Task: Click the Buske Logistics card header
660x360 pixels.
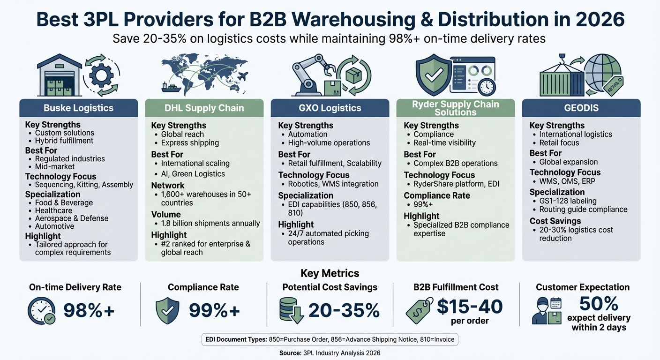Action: pos(78,108)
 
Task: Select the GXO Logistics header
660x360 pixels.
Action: pos(330,108)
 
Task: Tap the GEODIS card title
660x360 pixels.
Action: pos(581,108)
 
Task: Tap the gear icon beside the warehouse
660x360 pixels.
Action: pos(101,75)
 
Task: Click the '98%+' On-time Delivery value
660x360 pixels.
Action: pos(89,310)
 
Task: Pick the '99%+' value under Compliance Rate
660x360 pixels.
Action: pos(214,310)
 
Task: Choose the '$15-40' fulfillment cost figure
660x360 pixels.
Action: pos(469,307)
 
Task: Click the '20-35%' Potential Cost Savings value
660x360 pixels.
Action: pos(344,310)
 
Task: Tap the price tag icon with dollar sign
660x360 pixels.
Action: pos(419,310)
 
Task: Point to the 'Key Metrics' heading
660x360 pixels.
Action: pos(330,273)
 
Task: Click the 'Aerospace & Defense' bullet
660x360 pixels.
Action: pos(71,218)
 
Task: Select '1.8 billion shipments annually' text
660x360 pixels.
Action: pos(210,223)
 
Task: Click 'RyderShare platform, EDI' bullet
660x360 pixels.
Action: pos(456,184)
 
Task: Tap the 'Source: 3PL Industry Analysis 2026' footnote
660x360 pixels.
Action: pos(330,352)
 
